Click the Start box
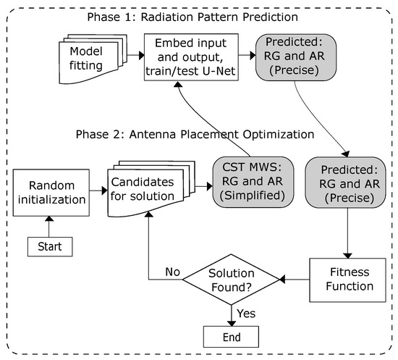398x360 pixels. (50, 246)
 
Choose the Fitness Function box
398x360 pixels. (344, 280)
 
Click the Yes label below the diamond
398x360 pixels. (247, 313)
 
